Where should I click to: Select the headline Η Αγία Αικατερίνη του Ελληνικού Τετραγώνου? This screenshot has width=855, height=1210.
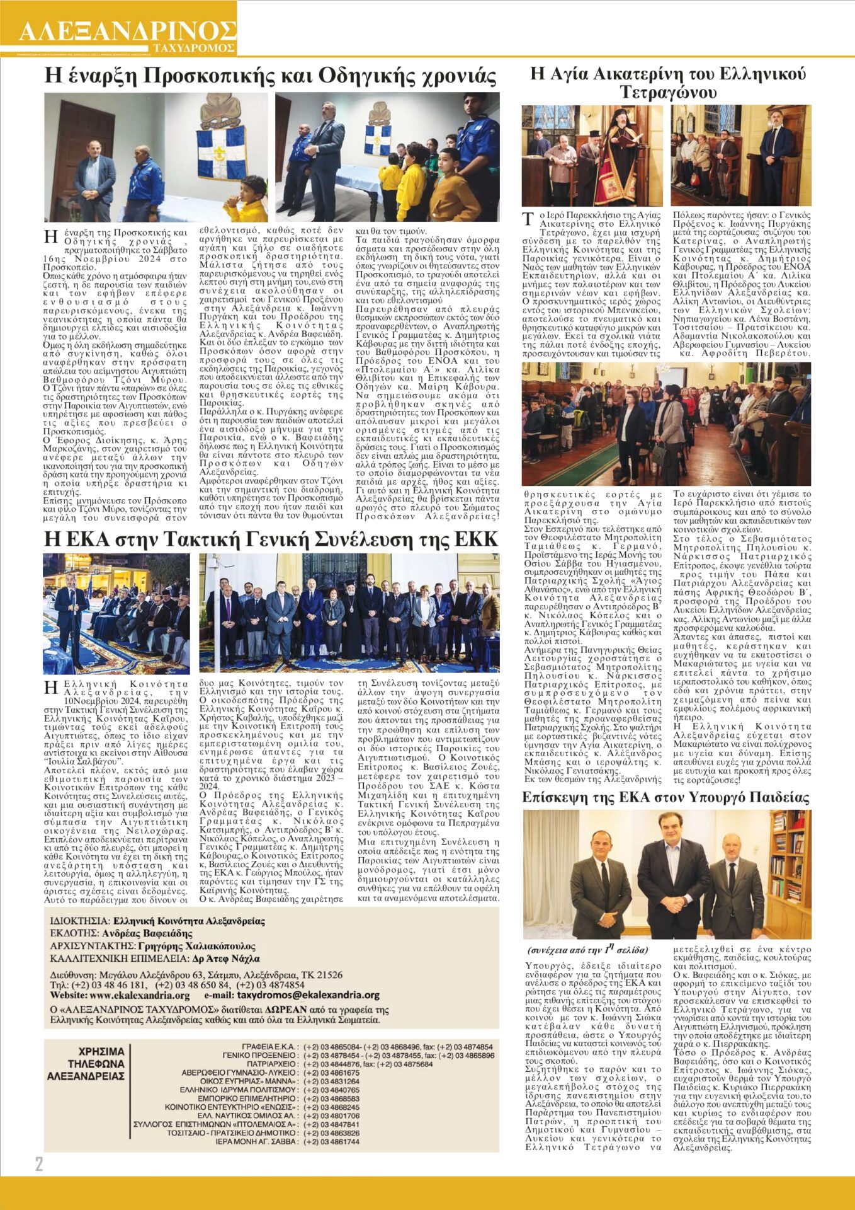coord(667,83)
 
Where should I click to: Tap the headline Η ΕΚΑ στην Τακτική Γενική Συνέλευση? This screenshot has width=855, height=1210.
coord(271,539)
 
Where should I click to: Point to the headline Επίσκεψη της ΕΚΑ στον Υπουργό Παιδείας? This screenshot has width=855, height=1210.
coord(666,797)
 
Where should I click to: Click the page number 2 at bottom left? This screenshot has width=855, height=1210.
coord(39,1163)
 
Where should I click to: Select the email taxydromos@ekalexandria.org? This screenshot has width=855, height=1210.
coord(307,995)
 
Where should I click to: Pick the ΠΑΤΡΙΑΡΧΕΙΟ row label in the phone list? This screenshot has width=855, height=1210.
coord(272,1064)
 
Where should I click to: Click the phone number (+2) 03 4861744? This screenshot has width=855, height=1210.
coord(331,1141)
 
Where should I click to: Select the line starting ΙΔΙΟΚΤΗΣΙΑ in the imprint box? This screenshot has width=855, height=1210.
coord(157,921)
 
